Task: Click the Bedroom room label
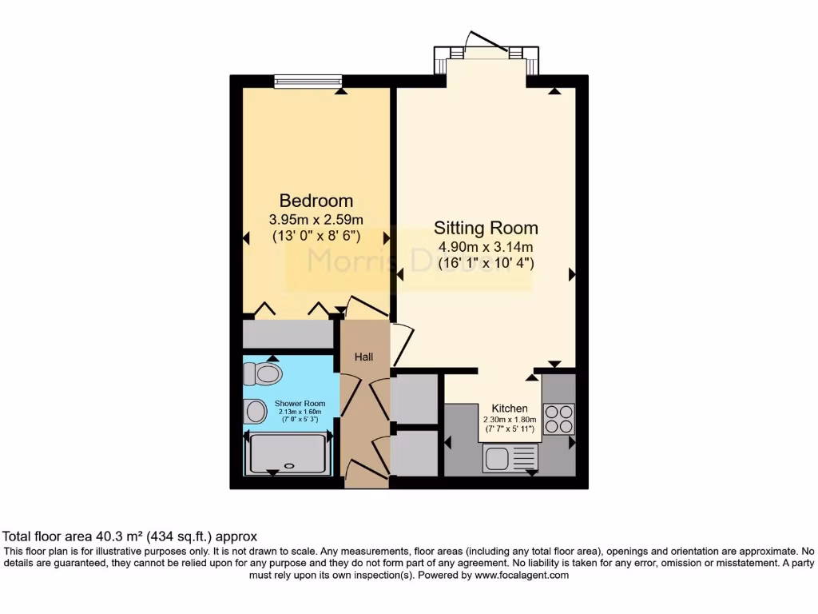coord(316,201)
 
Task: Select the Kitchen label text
coord(509,409)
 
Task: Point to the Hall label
coord(364,357)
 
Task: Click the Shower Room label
coord(300,404)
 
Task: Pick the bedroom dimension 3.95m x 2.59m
coord(316,219)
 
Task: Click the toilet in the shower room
coord(264,373)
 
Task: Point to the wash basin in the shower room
coord(256,411)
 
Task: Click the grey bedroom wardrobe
coord(288,333)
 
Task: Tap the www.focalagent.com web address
coord(522,575)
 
